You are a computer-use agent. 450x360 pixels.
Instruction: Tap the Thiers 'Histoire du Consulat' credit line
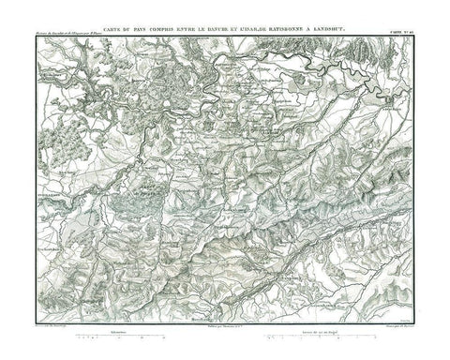(x=70, y=40)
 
